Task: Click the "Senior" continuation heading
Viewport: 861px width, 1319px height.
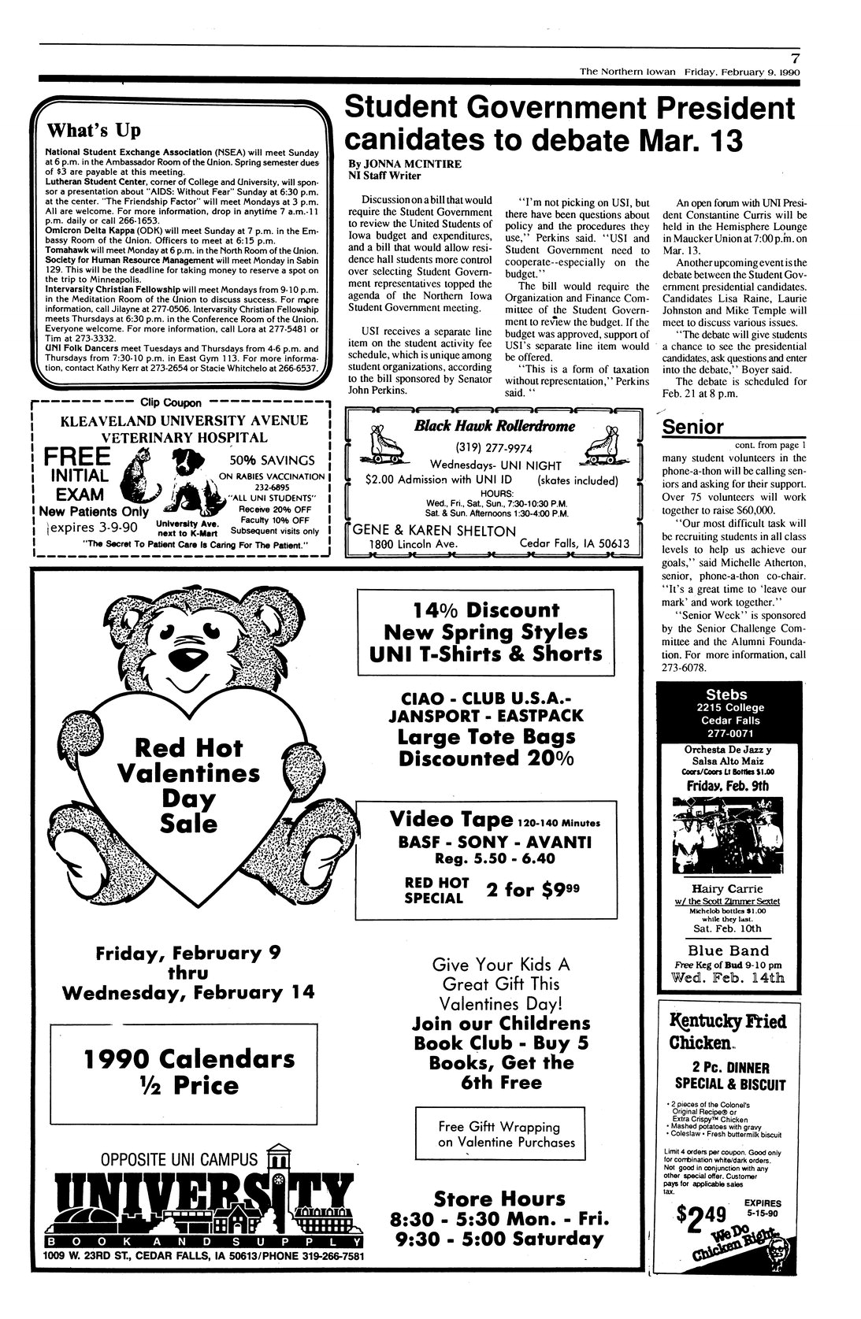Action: point(692,427)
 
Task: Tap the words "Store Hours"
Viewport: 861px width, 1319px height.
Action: point(499,1199)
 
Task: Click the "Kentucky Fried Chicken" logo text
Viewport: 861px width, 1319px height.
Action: point(727,1031)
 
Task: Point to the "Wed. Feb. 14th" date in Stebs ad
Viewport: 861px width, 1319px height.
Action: point(726,978)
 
